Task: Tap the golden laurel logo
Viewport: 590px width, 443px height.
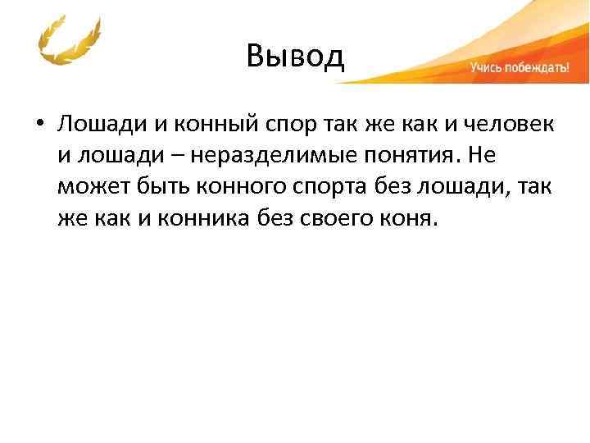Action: [70, 42]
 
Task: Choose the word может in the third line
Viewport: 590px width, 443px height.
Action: [91, 186]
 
